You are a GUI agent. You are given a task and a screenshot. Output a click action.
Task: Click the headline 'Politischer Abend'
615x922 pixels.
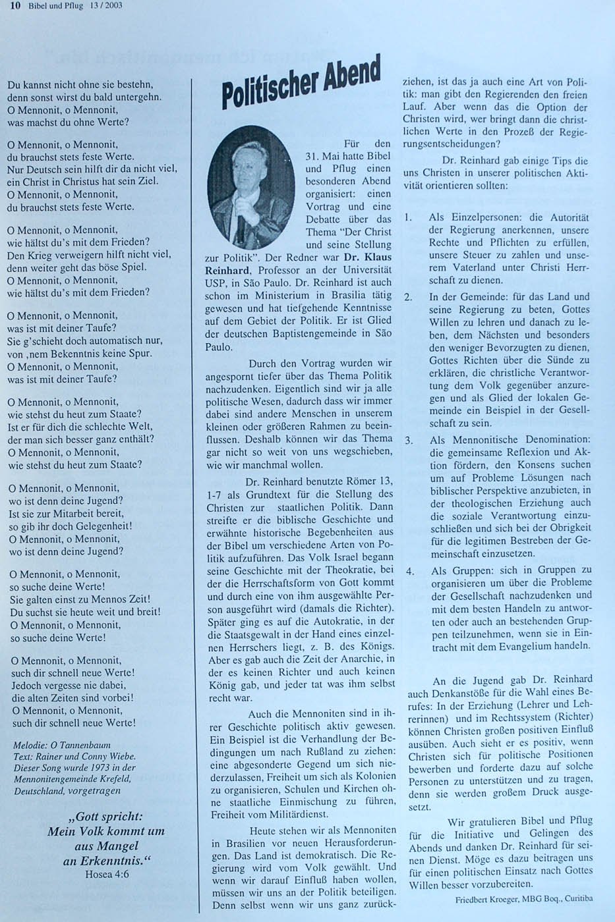point(302,82)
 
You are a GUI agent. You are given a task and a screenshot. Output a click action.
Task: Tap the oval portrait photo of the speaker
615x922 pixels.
point(250,186)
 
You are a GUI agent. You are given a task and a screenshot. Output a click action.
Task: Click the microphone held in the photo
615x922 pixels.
point(242,227)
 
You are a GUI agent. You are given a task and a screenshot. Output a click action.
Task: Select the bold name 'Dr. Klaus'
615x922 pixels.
point(368,258)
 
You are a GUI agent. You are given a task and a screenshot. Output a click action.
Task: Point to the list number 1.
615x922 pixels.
point(409,217)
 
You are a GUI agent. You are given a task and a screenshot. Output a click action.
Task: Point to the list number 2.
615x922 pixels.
point(409,297)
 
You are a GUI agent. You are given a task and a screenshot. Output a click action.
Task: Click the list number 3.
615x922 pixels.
point(409,439)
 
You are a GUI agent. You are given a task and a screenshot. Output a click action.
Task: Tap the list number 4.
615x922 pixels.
point(410,571)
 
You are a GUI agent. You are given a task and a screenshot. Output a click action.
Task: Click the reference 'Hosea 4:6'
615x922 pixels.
point(107,875)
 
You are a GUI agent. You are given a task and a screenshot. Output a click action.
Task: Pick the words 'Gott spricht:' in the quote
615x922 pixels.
point(108,817)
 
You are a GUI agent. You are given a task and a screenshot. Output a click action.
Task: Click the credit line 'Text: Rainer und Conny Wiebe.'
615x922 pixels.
point(74,756)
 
